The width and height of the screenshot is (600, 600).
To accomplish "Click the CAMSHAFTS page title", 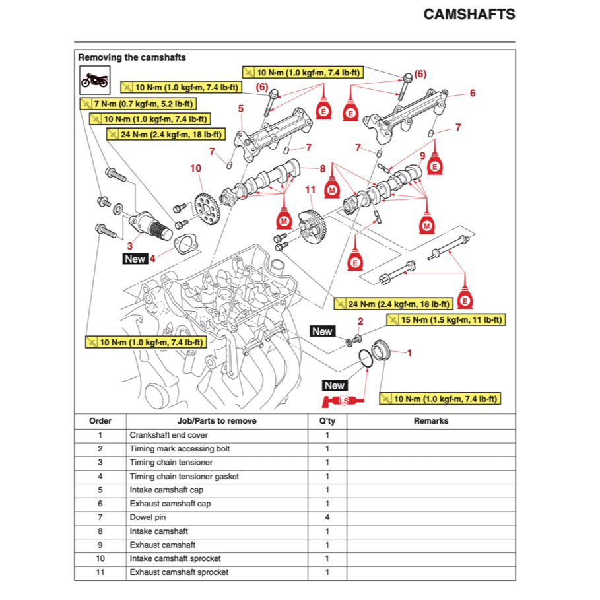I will point(469,15).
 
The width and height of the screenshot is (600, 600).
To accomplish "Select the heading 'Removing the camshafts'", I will point(132,57).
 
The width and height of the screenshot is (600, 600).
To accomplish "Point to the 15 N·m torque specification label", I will point(446,319).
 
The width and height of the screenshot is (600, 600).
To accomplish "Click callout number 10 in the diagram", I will point(195,168).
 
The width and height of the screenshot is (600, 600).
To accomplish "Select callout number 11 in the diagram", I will point(311,191).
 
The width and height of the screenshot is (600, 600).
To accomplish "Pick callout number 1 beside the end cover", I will point(409,353).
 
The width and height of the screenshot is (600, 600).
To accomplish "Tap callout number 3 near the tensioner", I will point(129,246).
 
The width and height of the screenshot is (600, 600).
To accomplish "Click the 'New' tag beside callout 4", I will point(135,259).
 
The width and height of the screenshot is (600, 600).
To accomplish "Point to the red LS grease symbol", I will point(343,401).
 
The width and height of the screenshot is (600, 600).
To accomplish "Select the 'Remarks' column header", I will point(430,420).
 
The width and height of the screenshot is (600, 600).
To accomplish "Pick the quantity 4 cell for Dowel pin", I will point(327,517).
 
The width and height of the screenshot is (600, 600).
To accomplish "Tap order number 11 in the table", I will point(100,572).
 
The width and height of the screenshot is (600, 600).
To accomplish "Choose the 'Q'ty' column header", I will point(327,420).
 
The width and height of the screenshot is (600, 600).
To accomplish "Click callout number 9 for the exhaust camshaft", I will point(422,156).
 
